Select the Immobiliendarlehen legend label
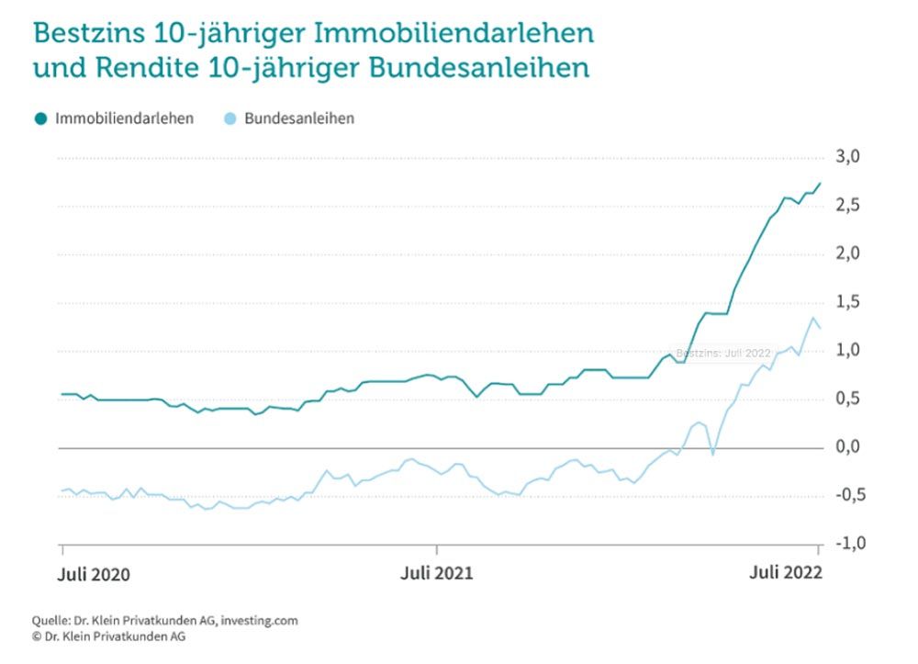[x=124, y=119]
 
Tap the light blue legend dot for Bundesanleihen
[x=230, y=119]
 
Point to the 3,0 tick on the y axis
[x=848, y=157]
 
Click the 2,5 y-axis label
[x=848, y=205]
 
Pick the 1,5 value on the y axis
[x=848, y=302]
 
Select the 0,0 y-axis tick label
[x=848, y=447]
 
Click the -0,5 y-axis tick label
[x=845, y=496]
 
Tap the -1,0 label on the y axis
[x=845, y=544]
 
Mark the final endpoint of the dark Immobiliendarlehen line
[x=820, y=184]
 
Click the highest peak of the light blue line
[x=812, y=318]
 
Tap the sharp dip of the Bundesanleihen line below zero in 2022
[x=712, y=453]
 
